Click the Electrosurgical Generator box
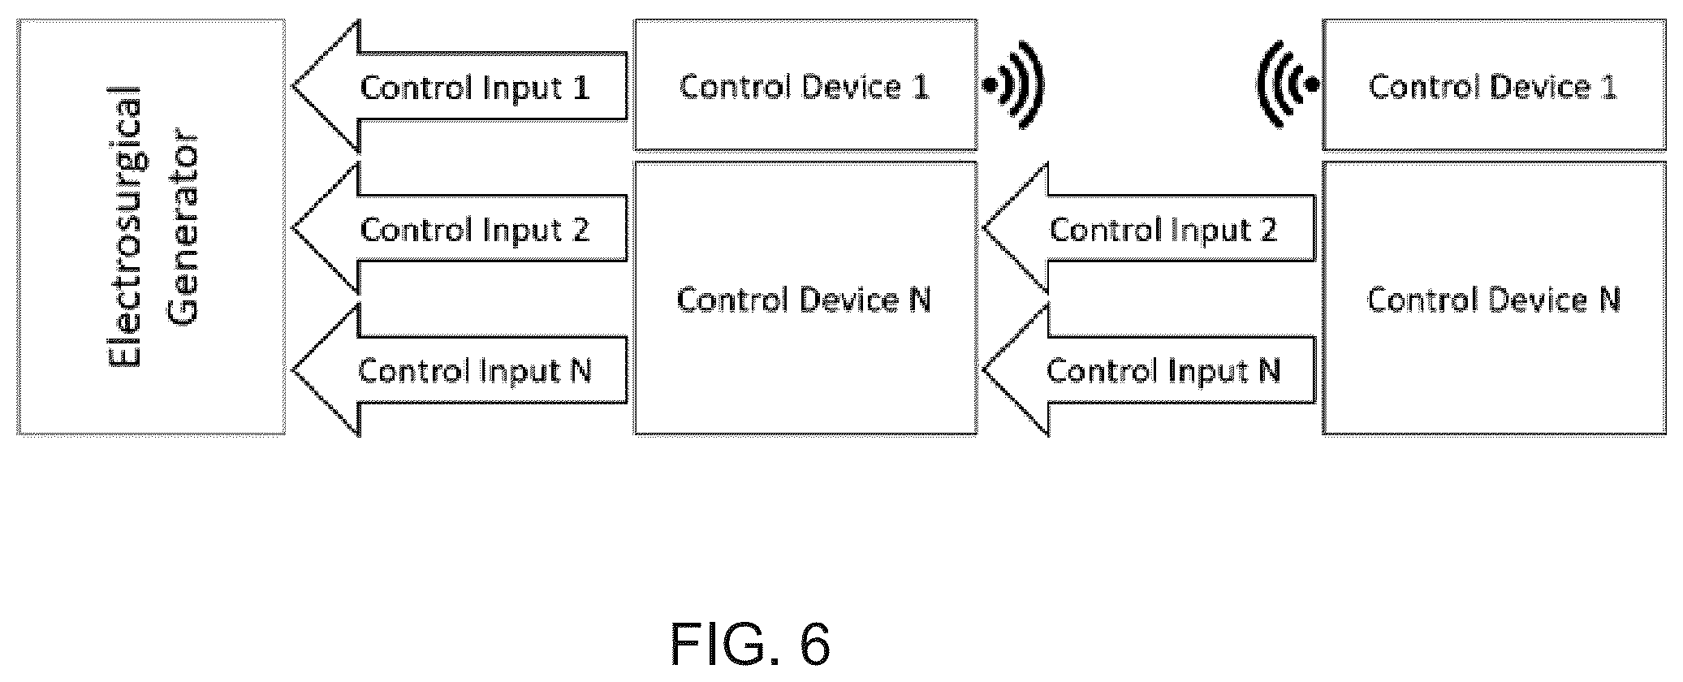pos(151,227)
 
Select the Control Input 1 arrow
pos(460,86)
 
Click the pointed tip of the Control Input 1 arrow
pos(292,86)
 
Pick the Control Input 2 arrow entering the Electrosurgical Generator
pos(460,228)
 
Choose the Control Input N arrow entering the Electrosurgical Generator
pos(460,370)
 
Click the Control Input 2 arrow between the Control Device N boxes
pos(1149,228)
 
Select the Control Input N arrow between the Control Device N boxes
pos(1149,370)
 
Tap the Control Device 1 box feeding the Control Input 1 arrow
pos(805,85)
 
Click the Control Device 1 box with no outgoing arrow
pos(1494,85)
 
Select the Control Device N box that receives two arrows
pos(805,298)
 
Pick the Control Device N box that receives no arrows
pos(1494,298)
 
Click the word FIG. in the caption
pos(729,645)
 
